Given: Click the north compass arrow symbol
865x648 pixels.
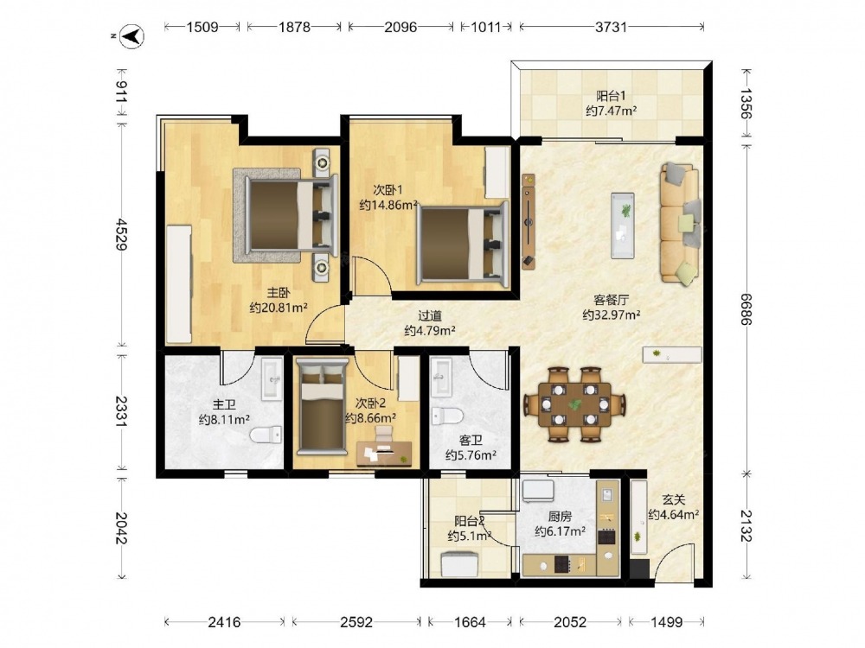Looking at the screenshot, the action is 132,36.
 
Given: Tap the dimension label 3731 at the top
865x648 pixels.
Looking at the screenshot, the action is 611,27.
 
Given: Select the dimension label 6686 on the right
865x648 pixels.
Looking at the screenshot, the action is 746,309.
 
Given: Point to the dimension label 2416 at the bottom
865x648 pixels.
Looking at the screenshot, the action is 224,622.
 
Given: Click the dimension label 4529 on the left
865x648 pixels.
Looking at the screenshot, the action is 121,234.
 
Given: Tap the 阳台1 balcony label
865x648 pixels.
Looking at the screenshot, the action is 611,96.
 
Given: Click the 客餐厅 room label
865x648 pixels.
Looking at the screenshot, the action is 612,300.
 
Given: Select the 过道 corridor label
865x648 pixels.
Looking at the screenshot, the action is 430,315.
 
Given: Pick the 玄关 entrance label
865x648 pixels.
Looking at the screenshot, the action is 674,499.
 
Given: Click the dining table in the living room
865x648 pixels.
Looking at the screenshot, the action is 574,404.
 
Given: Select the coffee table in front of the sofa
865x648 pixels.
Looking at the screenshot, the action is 622,226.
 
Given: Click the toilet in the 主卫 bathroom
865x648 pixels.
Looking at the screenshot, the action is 266,435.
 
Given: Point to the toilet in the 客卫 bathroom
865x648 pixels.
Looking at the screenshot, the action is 447,416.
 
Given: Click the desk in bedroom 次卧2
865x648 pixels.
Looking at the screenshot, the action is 384,453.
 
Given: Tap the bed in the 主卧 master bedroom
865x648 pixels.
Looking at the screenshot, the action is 291,214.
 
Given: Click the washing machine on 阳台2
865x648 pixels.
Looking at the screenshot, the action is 460,565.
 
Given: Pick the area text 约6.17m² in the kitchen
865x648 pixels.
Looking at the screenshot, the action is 560,531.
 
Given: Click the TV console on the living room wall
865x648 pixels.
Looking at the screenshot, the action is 529,221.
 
